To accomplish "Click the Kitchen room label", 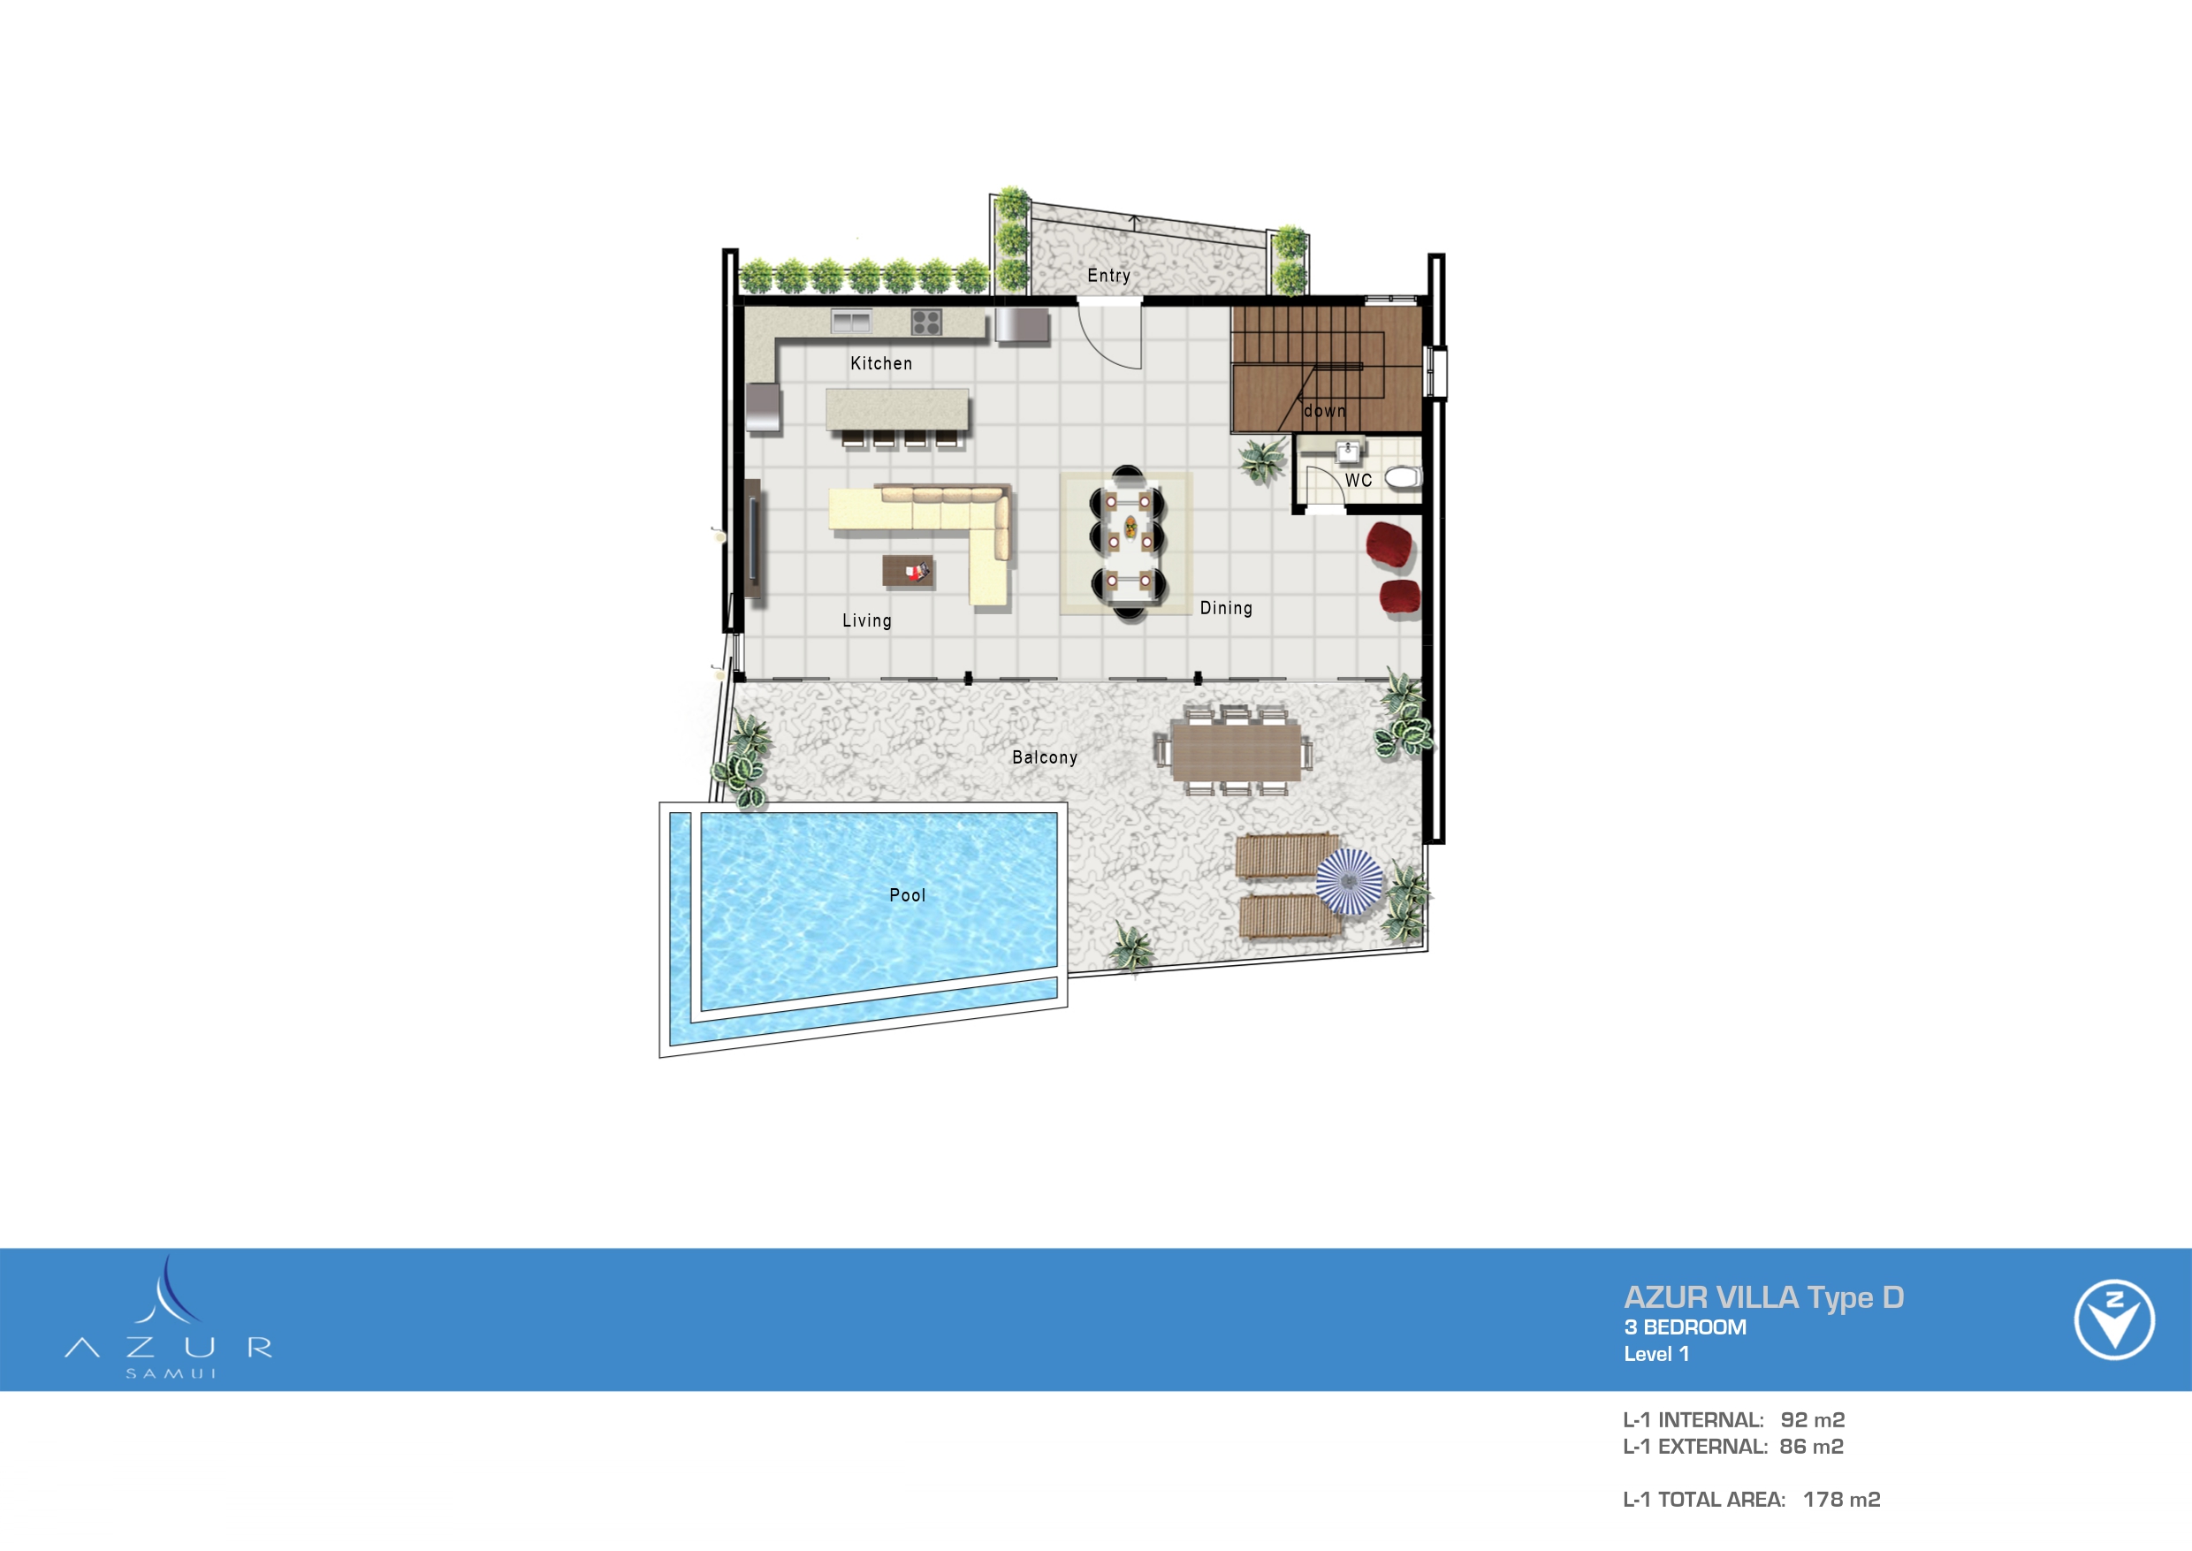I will click(x=880, y=363).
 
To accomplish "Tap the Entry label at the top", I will click(x=1108, y=275).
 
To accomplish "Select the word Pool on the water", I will click(x=906, y=895).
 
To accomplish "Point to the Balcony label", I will click(x=1044, y=757).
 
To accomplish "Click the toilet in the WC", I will click(x=1403, y=477).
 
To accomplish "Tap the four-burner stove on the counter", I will click(x=925, y=322).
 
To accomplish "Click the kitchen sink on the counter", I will click(x=850, y=321).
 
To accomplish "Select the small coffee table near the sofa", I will click(x=908, y=571).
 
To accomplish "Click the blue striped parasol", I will click(x=1349, y=880).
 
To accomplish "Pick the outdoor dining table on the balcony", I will click(x=1235, y=750).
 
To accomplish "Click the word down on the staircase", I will click(x=1324, y=411).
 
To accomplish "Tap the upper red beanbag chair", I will click(x=1389, y=544).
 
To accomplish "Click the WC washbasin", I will click(x=1348, y=450).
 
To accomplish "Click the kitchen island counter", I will click(x=896, y=410).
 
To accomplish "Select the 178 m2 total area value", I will click(x=1840, y=1500).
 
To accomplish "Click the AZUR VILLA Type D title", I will click(x=1763, y=1297).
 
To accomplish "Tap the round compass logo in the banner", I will click(x=2113, y=1319).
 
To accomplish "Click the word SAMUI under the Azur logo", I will click(x=171, y=1373).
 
